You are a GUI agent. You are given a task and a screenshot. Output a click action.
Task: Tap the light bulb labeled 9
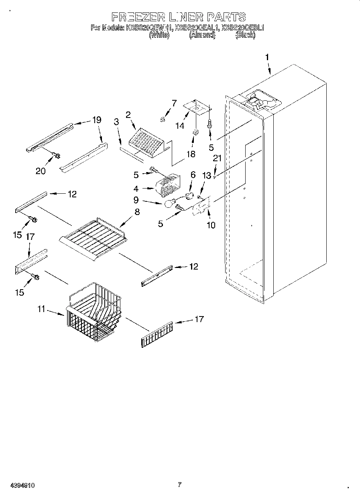[x=169, y=205]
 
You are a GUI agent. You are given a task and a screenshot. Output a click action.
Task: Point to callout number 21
[x=217, y=159]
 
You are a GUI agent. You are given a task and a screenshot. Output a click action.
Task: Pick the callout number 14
[x=180, y=126]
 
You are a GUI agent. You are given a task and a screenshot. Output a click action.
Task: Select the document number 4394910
[x=18, y=485]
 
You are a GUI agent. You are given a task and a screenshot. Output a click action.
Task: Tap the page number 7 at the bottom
[x=179, y=485]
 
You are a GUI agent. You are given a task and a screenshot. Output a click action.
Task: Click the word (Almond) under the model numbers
[x=202, y=35]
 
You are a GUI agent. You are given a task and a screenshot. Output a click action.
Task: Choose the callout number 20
[x=40, y=170]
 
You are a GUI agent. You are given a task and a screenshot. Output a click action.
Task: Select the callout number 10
[x=211, y=225]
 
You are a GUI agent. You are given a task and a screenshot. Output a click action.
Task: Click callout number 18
[x=191, y=154]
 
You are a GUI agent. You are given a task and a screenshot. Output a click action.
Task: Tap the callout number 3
[x=117, y=122]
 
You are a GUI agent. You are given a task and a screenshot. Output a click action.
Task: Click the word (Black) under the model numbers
[x=245, y=35]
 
